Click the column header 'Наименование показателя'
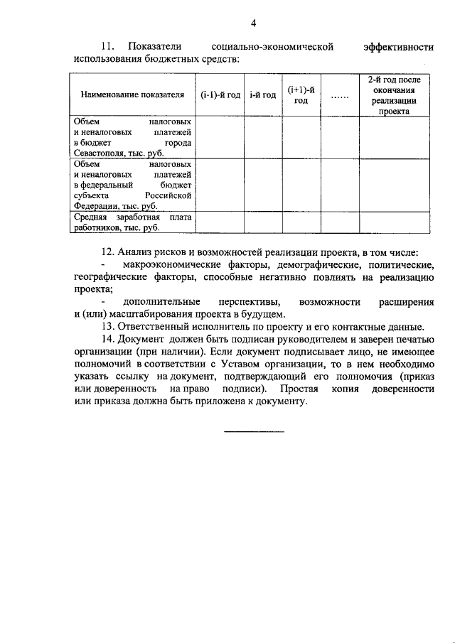(132, 94)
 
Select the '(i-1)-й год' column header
(220, 94)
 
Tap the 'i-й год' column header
(263, 94)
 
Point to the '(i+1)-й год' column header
(301, 94)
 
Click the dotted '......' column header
(339, 95)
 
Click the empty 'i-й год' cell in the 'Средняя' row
(263, 222)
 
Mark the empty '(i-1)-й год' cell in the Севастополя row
(220, 138)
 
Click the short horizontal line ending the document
(254, 431)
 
